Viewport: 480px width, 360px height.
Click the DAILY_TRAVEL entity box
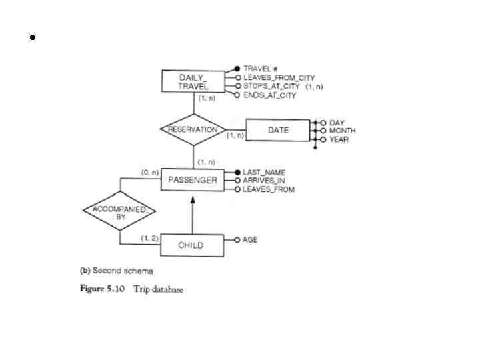pos(193,82)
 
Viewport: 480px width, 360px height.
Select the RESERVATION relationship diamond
pos(193,129)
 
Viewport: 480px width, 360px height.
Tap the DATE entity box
pos(278,131)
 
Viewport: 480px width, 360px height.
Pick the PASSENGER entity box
pos(193,180)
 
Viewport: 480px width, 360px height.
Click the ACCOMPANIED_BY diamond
pos(120,213)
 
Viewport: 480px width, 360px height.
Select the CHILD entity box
pos(191,245)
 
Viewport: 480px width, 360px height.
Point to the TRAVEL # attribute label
pos(261,69)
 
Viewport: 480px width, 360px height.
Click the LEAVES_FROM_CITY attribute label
pos(279,78)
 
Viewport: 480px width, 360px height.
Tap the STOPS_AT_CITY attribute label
pos(273,87)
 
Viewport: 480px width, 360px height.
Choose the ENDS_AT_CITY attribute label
pos(270,95)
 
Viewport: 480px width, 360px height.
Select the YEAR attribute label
pos(339,139)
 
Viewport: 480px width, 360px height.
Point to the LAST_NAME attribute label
pos(264,172)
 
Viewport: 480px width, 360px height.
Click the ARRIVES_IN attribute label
pos(263,181)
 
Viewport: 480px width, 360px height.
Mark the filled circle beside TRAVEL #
pos(237,69)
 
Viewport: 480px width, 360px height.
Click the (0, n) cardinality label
pos(149,172)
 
